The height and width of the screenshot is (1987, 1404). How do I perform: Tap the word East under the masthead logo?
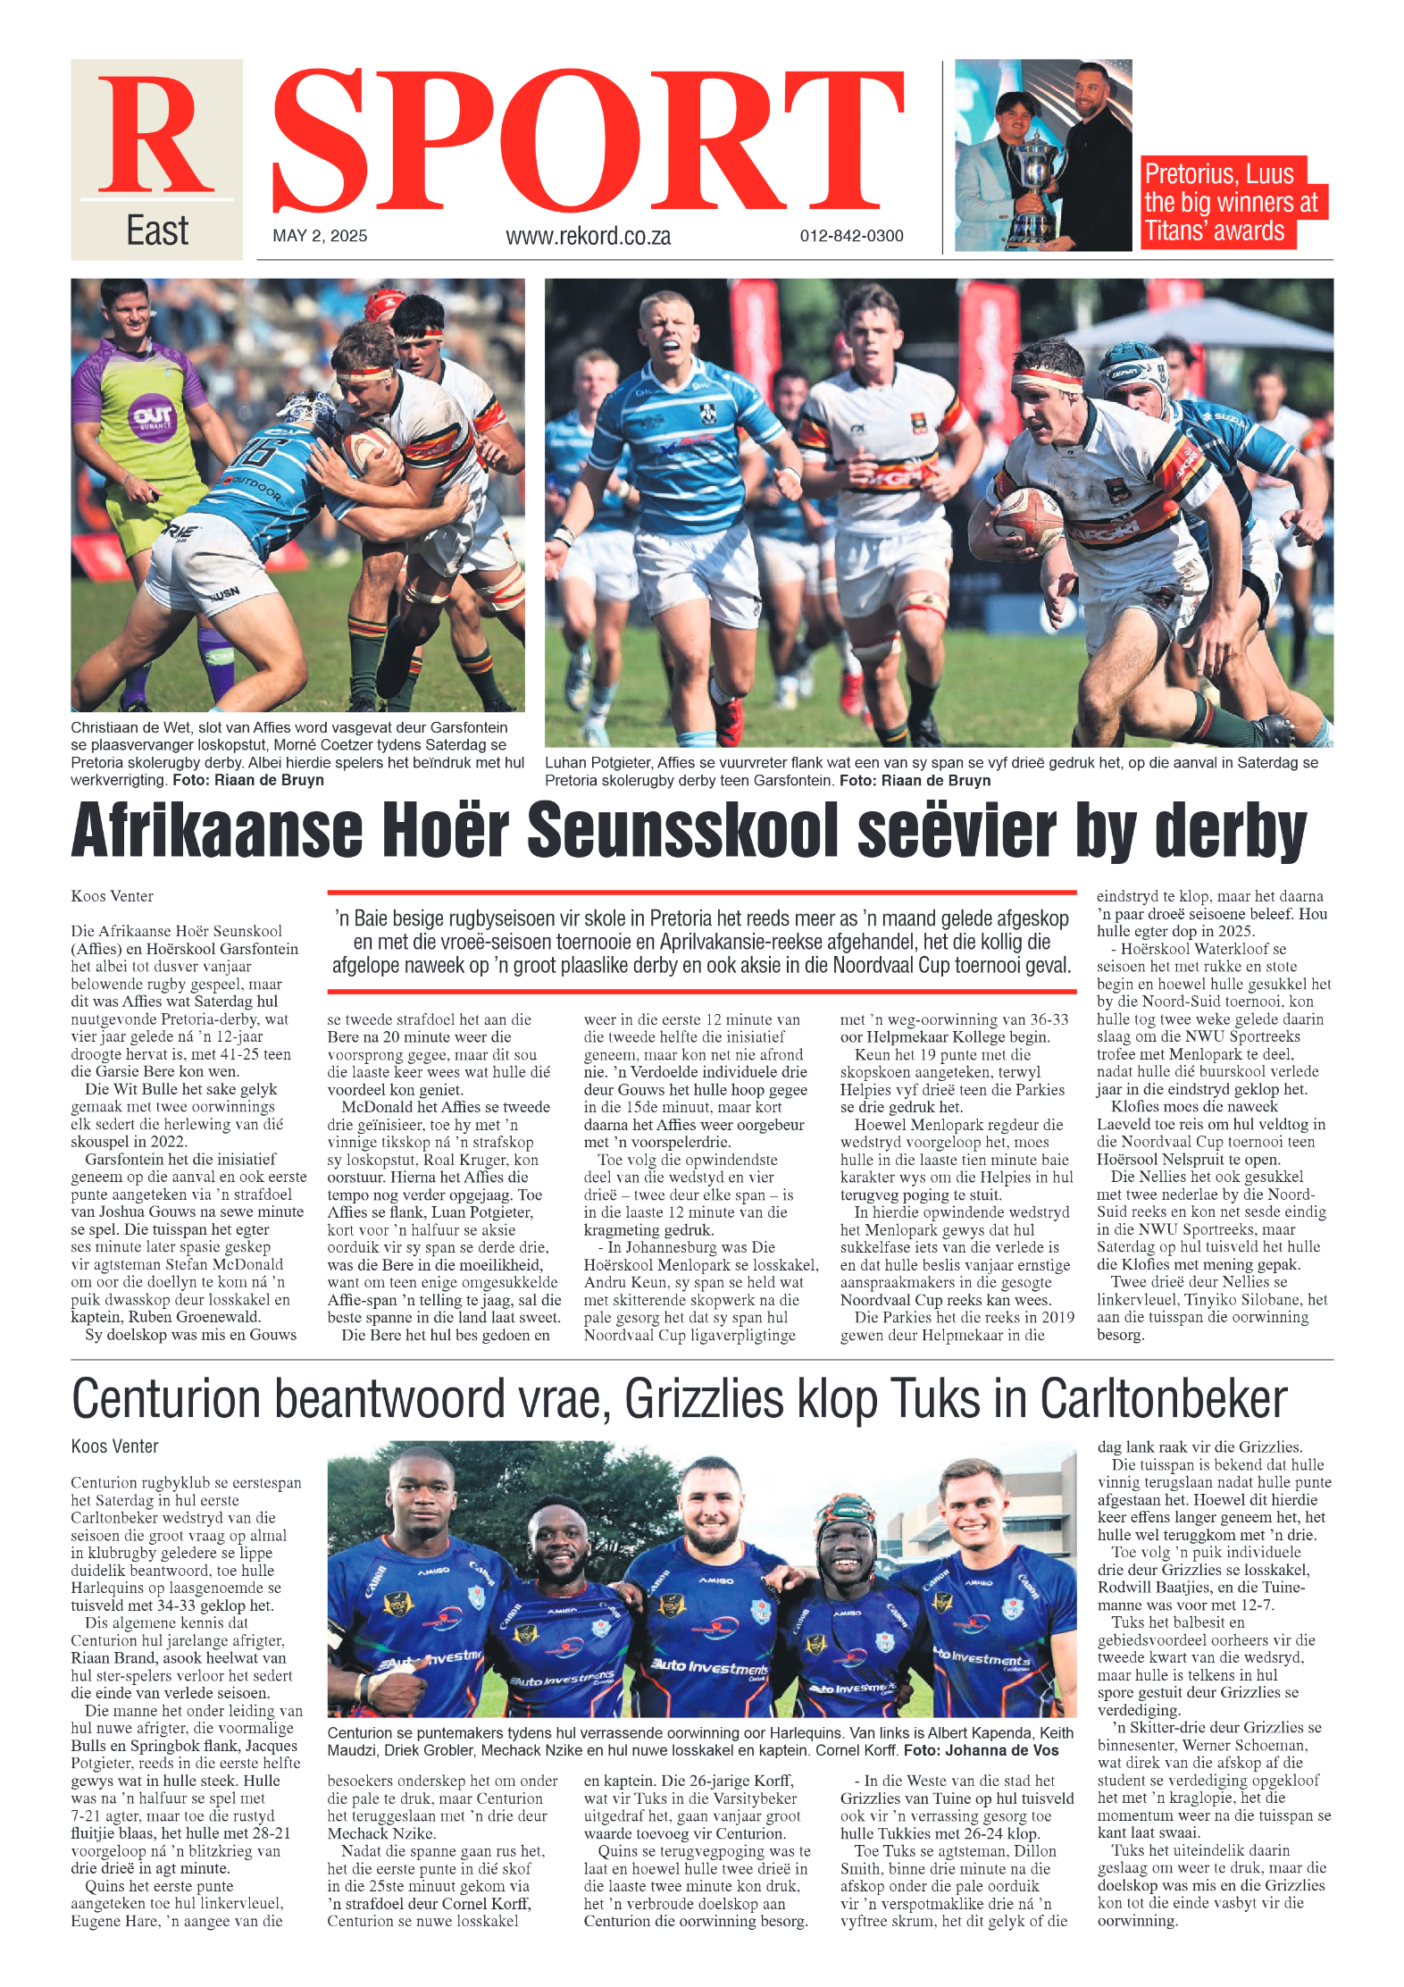tap(157, 231)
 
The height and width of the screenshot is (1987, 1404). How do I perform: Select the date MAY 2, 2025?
tap(320, 236)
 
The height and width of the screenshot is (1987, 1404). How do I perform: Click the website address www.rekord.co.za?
tap(588, 237)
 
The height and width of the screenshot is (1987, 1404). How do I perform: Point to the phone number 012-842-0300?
tap(851, 236)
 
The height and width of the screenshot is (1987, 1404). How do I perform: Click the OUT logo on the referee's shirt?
tap(152, 415)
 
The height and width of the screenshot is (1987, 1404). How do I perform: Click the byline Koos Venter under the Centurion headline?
tap(114, 1446)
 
